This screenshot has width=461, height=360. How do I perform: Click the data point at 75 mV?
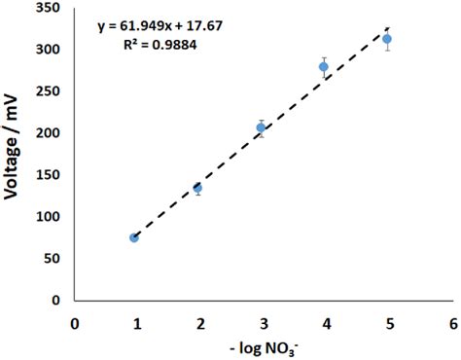click(134, 237)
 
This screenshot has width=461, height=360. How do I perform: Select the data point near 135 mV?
click(197, 188)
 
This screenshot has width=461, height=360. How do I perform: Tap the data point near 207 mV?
click(261, 127)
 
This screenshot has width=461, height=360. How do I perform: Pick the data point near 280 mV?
click(324, 67)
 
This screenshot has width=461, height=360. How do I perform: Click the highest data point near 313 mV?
click(387, 39)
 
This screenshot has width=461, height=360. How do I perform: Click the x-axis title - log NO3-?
click(261, 345)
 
